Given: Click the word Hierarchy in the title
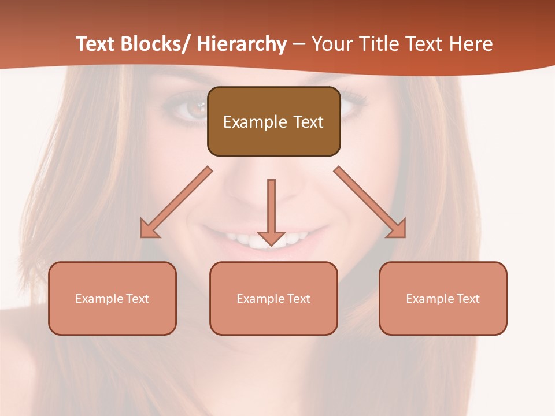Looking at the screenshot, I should pos(242,44).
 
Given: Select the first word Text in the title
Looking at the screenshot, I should pos(95,44).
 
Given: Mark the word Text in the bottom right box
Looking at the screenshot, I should pos(467,299).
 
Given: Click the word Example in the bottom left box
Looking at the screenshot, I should pos(99,299).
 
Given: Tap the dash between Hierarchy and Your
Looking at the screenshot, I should pos(299,44).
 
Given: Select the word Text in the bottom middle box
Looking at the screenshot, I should pos(298,299).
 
